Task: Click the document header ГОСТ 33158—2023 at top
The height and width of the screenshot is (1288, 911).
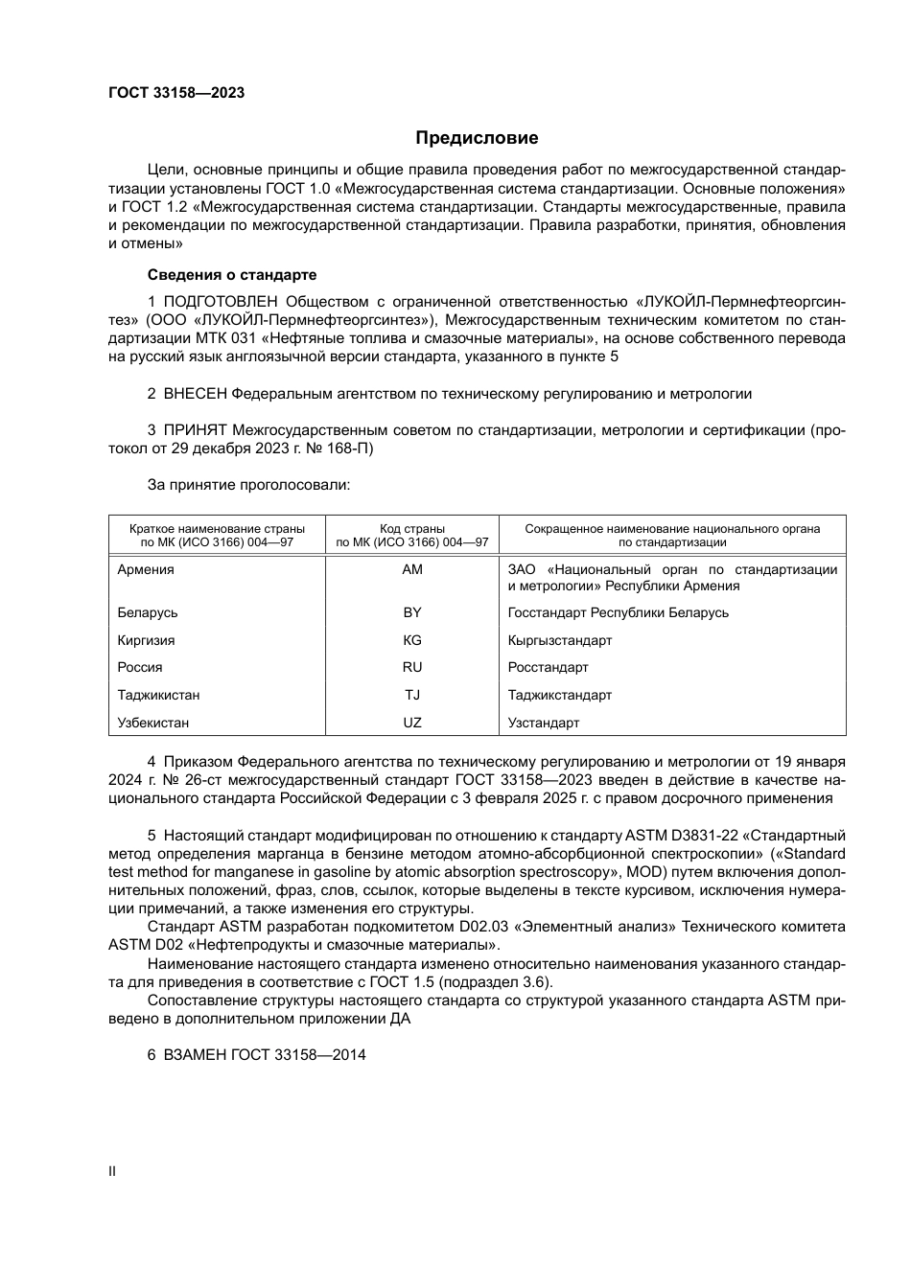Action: (176, 93)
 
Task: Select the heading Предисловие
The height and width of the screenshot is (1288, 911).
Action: (477, 138)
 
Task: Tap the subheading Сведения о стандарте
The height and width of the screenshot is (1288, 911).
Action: (232, 275)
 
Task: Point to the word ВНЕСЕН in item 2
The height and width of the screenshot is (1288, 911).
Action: (196, 394)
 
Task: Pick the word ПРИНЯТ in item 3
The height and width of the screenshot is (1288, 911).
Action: (196, 430)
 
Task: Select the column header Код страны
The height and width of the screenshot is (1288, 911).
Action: (412, 528)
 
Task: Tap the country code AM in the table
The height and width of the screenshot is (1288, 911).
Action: (412, 569)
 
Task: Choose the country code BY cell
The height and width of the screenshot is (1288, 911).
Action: (412, 612)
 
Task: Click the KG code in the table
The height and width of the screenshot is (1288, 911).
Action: (412, 640)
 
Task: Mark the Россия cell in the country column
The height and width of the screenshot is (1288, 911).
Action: (140, 667)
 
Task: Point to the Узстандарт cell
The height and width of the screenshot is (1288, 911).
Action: (544, 723)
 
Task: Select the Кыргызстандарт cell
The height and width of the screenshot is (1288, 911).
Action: (560, 640)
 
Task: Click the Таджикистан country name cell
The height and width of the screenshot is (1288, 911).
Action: (158, 695)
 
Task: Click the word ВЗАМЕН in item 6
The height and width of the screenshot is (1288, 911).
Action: (196, 1055)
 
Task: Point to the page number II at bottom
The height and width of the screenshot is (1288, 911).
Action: (112, 1171)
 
